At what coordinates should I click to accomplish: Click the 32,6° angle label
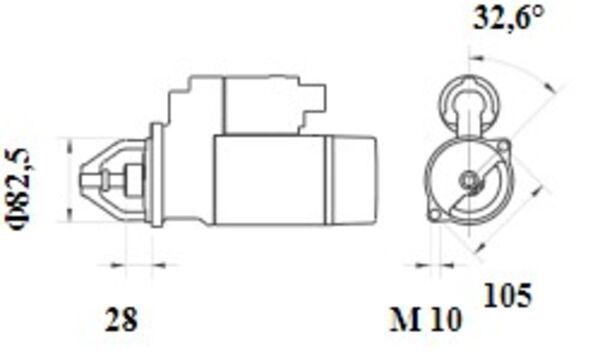tap(508, 18)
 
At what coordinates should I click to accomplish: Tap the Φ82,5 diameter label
tap(19, 188)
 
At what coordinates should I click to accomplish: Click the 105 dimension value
tap(508, 295)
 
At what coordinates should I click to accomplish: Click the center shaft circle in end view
tap(468, 179)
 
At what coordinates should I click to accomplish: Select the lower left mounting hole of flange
tap(435, 215)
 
